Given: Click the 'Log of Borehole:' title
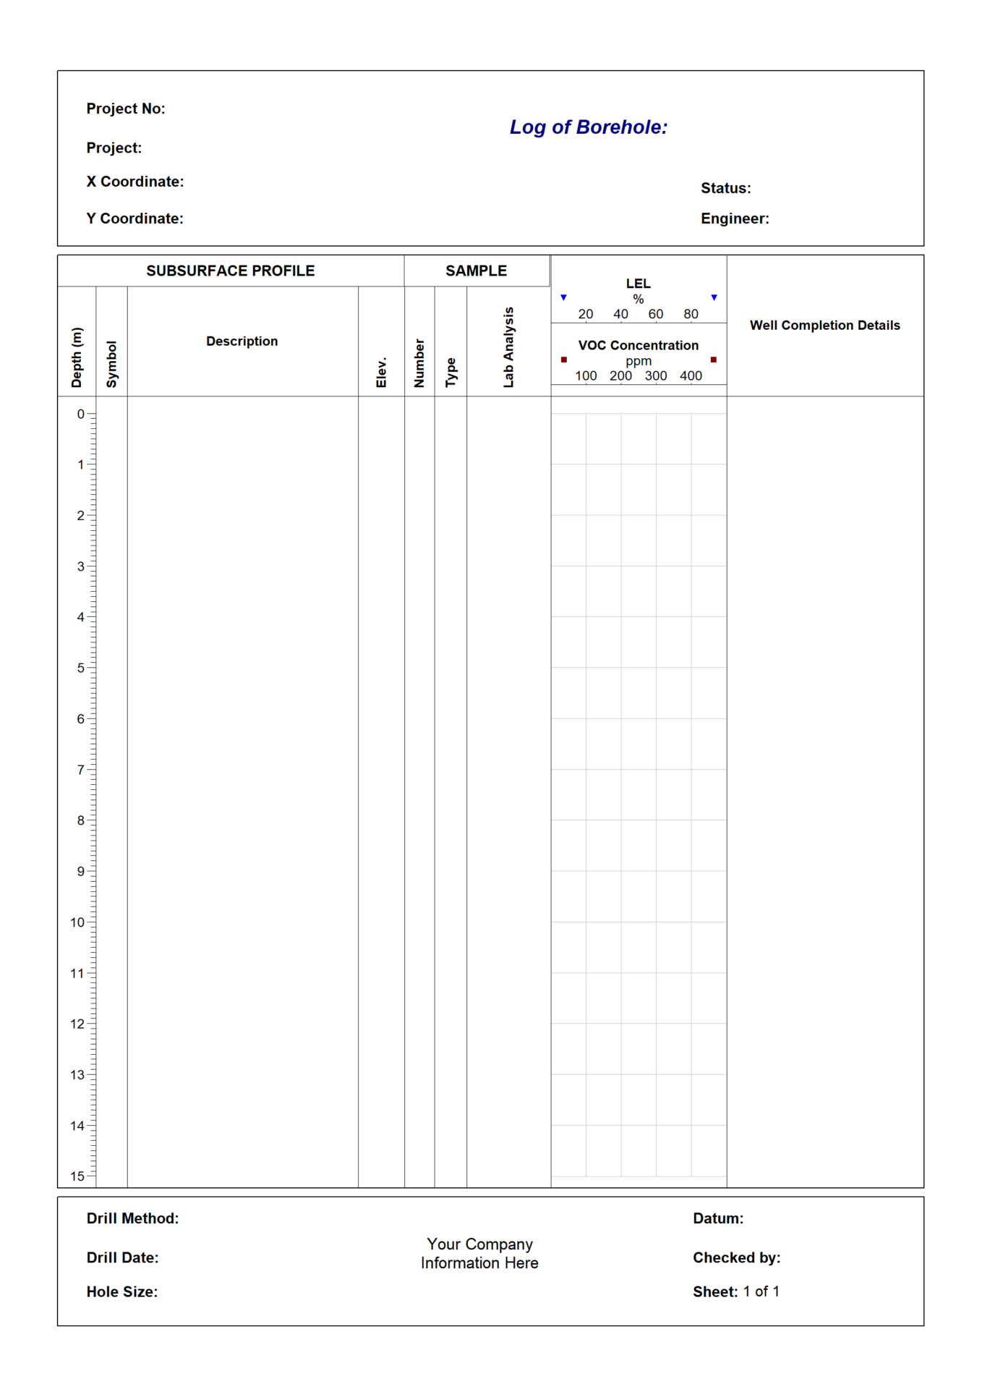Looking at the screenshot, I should click(x=588, y=127).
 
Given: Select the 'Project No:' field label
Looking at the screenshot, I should click(x=126, y=109).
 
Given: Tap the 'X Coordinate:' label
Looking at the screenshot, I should click(x=135, y=182).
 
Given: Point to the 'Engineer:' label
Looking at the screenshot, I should click(x=735, y=218).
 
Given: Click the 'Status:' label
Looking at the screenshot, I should click(x=725, y=188).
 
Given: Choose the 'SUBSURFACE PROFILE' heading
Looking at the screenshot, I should click(x=231, y=271).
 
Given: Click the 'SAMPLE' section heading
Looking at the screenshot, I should click(x=476, y=271).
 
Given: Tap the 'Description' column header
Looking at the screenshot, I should click(x=242, y=341).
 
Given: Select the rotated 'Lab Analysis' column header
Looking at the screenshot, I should click(x=508, y=347).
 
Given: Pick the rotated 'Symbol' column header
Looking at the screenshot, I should click(x=111, y=364).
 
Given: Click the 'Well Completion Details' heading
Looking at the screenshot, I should click(x=824, y=326).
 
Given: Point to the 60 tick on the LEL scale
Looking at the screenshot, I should click(x=656, y=314).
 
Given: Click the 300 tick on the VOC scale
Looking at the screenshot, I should click(x=656, y=375).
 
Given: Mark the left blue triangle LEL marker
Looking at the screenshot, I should click(x=564, y=297).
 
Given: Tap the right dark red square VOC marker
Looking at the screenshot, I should click(x=714, y=360).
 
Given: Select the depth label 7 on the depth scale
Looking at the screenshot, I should click(x=81, y=770).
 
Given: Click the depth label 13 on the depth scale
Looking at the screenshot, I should click(x=77, y=1074).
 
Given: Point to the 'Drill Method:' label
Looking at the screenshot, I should click(x=132, y=1218).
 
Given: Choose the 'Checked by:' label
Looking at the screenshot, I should click(x=736, y=1257).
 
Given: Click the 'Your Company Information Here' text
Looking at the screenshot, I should click(x=479, y=1253).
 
